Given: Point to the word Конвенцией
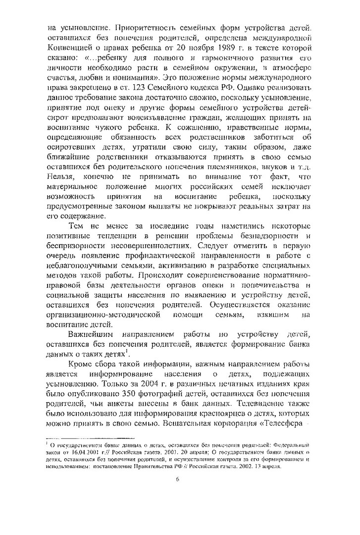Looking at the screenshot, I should pyautogui.click(x=71, y=47).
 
